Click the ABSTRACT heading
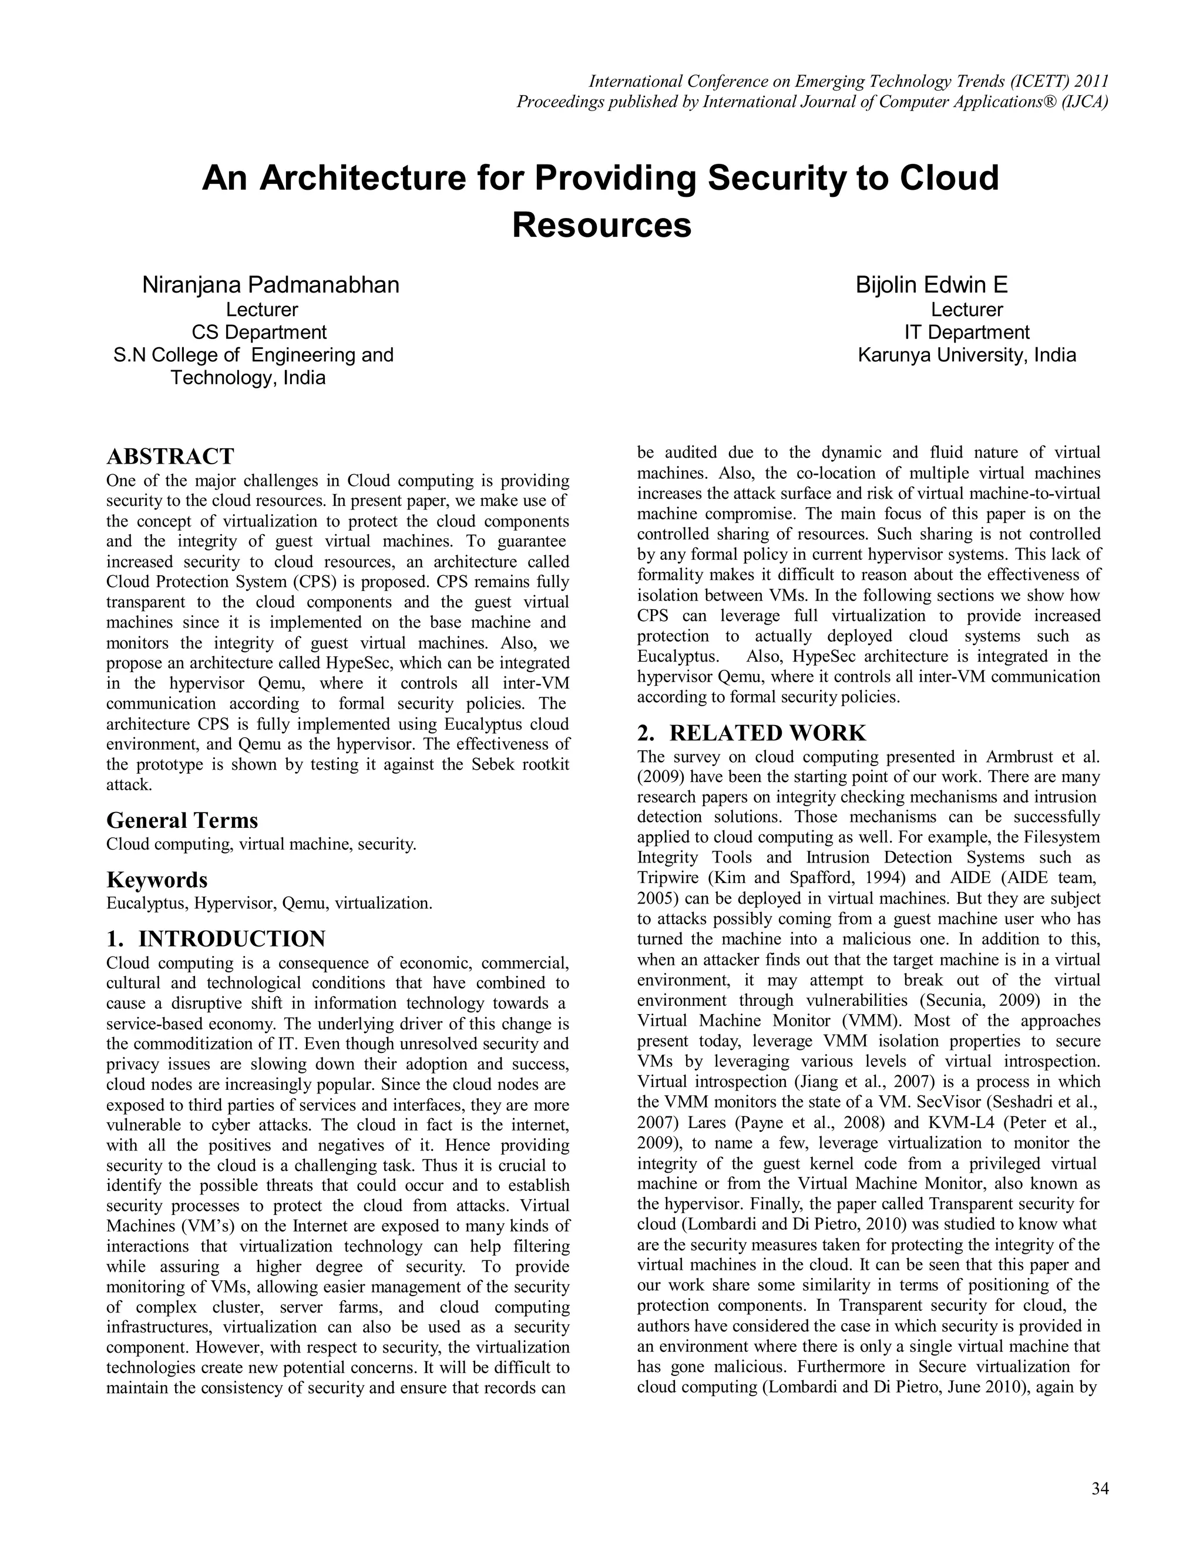click(x=170, y=457)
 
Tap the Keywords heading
click(x=157, y=879)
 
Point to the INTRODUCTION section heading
click(x=231, y=938)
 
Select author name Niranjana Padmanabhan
click(x=271, y=285)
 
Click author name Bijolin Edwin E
click(x=932, y=285)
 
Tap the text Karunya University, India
click(x=966, y=354)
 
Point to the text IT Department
click(x=966, y=332)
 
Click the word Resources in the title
click(x=601, y=224)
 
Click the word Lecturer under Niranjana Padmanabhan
click(x=261, y=310)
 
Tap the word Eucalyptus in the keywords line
click(x=140, y=903)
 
